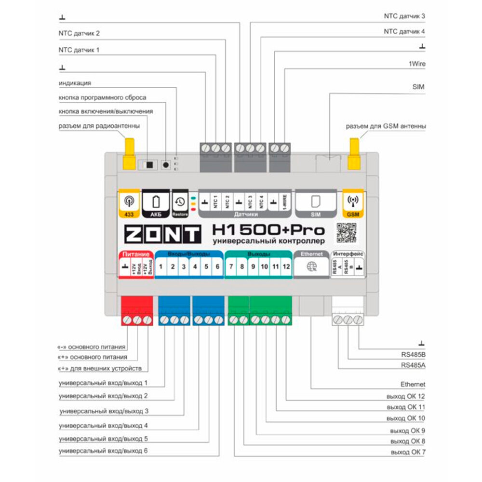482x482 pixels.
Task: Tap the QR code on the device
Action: (347, 233)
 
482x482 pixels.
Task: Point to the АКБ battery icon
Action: (155, 202)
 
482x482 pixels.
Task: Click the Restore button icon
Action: (180, 202)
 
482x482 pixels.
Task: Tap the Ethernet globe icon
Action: (312, 267)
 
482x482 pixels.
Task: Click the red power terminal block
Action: (136, 311)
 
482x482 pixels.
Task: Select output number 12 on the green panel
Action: (287, 267)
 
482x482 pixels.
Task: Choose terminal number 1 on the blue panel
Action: (161, 267)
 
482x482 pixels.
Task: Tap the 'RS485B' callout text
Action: (413, 355)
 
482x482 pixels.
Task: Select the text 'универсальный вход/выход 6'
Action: (103, 451)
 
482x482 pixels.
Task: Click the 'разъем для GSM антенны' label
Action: (386, 126)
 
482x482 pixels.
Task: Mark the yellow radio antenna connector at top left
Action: (129, 153)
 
